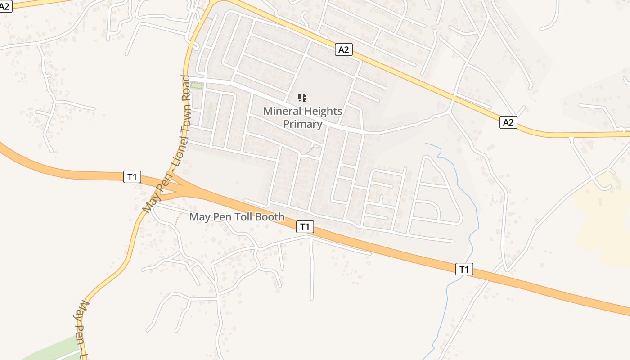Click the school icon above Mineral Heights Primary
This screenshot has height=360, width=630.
pos(302,97)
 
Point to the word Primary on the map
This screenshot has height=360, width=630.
pos(302,124)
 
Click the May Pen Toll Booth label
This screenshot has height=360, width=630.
pos(237,217)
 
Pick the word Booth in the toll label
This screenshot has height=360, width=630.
pos(270,217)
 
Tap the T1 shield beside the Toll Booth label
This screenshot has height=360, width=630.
pos(305,227)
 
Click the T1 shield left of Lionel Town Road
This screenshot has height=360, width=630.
pos(132,177)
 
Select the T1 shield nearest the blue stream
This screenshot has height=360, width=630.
pos(464,269)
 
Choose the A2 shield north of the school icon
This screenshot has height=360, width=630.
pos(343,49)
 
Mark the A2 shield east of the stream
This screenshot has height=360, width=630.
pos(508,122)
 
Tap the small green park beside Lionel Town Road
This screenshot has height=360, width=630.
pos(197,85)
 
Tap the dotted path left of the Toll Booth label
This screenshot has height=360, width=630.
pos(178,219)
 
